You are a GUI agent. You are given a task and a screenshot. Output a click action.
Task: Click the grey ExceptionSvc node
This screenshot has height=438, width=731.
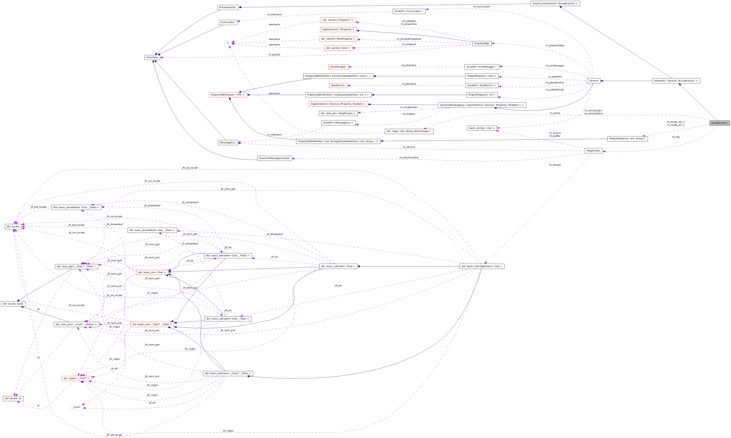(x=719, y=123)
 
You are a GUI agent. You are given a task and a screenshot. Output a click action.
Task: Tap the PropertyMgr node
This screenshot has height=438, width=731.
(x=482, y=43)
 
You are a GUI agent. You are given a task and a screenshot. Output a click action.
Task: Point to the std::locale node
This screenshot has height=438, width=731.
(x=13, y=226)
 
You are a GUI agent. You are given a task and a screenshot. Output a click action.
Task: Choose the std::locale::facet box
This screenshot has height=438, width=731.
(x=13, y=304)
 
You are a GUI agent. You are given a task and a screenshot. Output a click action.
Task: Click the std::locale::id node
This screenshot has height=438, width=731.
(x=13, y=398)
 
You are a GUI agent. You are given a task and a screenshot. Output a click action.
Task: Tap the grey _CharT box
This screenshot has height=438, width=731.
(x=76, y=407)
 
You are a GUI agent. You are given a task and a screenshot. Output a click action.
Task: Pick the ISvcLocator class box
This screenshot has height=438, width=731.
(x=228, y=22)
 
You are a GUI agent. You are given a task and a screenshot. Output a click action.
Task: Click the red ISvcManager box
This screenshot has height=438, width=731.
(x=338, y=67)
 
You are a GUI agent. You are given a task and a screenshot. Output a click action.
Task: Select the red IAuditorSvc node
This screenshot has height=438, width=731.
(x=338, y=85)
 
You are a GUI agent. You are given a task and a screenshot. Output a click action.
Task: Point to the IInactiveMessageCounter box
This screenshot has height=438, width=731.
(x=274, y=158)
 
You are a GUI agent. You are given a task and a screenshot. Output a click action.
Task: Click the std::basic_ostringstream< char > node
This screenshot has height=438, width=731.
(x=482, y=266)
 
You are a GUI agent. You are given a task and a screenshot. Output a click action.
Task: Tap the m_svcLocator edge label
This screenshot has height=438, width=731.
(x=482, y=6)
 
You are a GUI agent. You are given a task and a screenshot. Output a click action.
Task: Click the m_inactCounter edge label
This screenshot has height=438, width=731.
(x=409, y=157)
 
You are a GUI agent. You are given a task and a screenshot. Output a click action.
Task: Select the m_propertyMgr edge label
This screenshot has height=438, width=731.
(x=555, y=45)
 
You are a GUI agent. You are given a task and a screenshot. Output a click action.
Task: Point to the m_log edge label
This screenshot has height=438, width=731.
(x=675, y=137)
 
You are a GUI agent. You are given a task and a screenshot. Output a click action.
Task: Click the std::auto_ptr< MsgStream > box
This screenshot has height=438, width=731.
(x=338, y=113)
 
